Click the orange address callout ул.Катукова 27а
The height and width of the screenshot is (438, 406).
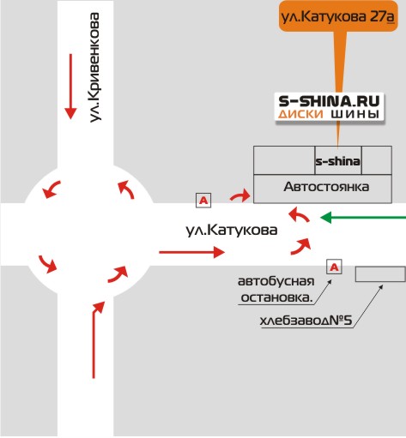338,16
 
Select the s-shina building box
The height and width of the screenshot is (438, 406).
338,160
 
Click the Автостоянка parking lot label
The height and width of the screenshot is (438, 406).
326,187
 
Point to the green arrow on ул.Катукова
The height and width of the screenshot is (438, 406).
363,218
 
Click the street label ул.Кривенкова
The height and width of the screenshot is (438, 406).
94,68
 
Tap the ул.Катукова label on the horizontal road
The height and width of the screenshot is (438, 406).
232,230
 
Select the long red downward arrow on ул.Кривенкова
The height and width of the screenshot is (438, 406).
70,87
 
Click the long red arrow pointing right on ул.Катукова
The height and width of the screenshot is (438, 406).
191,252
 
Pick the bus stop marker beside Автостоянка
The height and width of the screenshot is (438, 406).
203,200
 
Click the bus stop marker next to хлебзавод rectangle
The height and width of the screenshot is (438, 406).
334,267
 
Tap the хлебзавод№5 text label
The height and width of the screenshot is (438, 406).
306,321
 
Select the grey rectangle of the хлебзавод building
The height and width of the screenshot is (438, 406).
380,274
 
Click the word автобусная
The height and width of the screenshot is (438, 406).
276,281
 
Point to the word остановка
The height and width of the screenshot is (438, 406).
276,297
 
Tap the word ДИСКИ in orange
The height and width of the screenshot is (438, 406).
300,114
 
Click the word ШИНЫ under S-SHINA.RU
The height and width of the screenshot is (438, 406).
355,114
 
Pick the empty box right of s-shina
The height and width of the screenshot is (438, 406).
377,160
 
